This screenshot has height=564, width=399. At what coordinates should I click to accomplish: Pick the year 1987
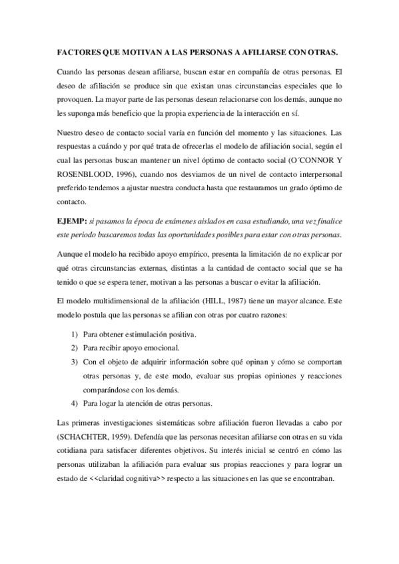(x=239, y=299)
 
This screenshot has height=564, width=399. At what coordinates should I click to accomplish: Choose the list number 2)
(x=75, y=348)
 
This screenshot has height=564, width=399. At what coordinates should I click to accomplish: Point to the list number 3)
(x=75, y=362)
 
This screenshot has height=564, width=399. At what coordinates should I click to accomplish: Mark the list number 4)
(x=75, y=404)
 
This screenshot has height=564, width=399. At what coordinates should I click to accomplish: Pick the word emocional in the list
(x=159, y=348)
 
